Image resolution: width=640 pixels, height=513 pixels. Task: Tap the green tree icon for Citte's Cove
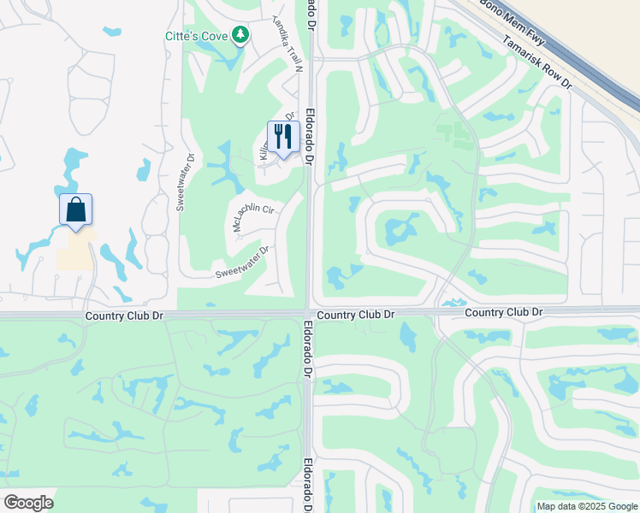pyautogui.click(x=242, y=35)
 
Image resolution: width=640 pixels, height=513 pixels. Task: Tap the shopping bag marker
pyautogui.click(x=75, y=209)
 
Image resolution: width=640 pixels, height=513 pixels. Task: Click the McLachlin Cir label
pyautogui.click(x=252, y=217)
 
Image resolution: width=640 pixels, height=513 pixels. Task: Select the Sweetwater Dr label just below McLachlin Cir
pyautogui.click(x=242, y=262)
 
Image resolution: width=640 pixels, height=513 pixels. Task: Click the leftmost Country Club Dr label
pyautogui.click(x=124, y=315)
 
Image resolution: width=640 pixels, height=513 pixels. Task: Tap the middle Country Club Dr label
pyautogui.click(x=355, y=315)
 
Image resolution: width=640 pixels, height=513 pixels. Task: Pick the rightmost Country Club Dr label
pyautogui.click(x=504, y=313)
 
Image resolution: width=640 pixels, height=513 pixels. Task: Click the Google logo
pyautogui.click(x=28, y=502)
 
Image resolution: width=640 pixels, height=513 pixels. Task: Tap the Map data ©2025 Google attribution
pyautogui.click(x=586, y=506)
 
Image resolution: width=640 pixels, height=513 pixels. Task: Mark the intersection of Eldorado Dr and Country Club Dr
pyautogui.click(x=309, y=312)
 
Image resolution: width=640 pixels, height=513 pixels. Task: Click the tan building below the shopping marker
pyautogui.click(x=76, y=250)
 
